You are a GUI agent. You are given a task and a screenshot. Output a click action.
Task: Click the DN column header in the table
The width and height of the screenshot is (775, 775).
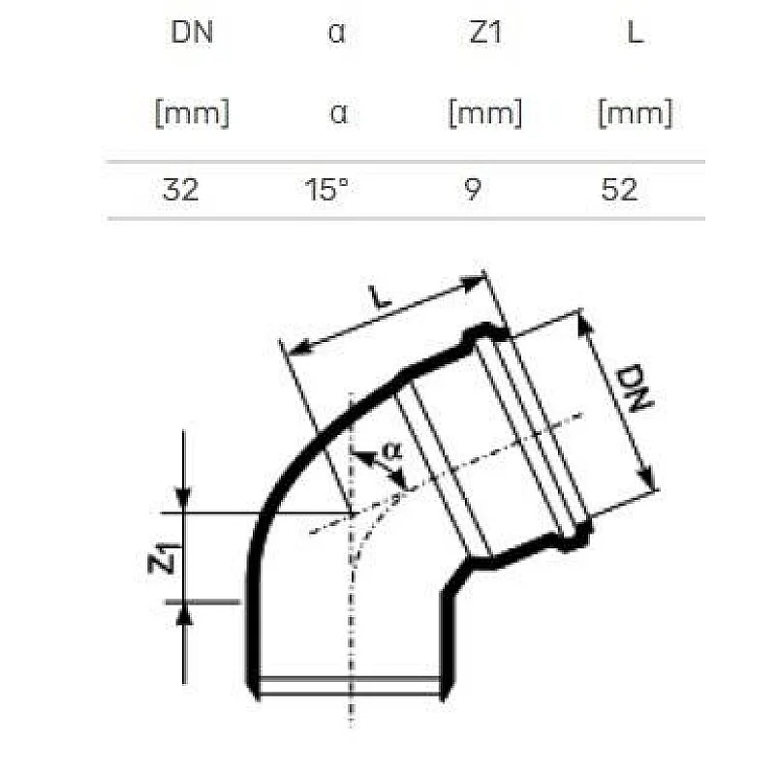coord(191,34)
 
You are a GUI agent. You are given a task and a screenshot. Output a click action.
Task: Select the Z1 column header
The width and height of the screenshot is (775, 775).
coord(484,34)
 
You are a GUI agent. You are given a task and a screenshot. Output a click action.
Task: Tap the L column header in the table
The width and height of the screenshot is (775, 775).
coord(635,34)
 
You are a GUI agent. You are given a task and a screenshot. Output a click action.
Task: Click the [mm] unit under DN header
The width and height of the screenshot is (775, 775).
coord(191,113)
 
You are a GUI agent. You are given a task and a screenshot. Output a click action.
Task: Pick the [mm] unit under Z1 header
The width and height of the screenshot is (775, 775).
coord(484,113)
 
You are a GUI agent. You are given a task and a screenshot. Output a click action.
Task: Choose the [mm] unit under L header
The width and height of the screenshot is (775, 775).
coord(635,113)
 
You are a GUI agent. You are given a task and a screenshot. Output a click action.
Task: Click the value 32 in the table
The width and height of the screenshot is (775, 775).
coord(181,189)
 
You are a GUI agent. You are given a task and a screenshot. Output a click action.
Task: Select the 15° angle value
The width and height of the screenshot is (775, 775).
coord(326,189)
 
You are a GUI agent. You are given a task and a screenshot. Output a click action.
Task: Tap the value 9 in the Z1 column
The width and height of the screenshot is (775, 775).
coord(471,189)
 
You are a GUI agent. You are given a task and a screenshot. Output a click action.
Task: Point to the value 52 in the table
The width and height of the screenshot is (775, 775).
coord(619,189)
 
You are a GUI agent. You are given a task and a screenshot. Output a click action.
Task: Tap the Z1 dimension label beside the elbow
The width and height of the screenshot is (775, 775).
coord(166,559)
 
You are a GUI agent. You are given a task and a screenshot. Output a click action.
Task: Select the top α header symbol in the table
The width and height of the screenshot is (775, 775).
coord(337,34)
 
